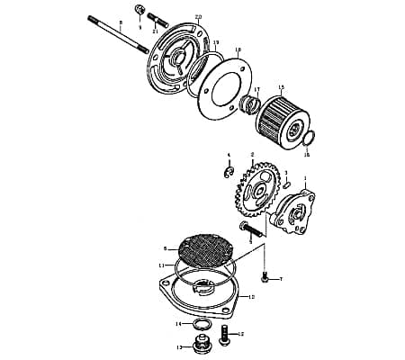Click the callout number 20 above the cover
[198, 17]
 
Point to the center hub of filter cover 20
[179, 59]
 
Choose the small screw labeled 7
[265, 276]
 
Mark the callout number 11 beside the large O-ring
[161, 265]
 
